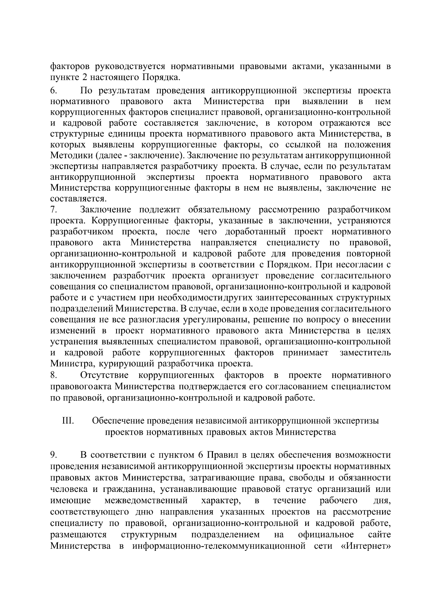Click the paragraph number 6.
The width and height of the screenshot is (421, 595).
[x=53, y=91]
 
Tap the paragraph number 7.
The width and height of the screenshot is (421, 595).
[x=53, y=210]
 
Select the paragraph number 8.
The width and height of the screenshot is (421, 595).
[x=53, y=376]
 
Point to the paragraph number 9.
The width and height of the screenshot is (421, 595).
[x=53, y=455]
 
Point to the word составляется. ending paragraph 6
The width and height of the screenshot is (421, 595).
[x=78, y=199]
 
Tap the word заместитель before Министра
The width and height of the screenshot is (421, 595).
[x=365, y=352]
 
